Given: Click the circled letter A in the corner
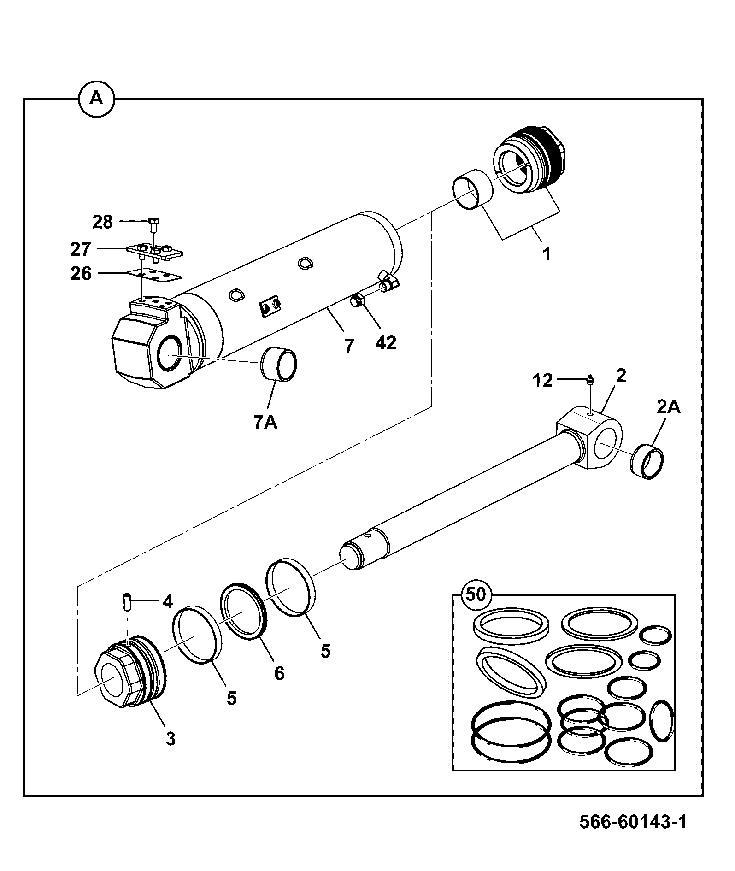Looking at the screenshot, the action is (96, 98).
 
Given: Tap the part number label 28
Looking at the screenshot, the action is (102, 222).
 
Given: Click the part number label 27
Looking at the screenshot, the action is (81, 249).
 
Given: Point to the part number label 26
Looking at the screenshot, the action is (81, 274).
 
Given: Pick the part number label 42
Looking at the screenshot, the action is (386, 342).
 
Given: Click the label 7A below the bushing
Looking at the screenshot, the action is (265, 422).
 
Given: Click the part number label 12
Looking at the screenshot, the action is (542, 381).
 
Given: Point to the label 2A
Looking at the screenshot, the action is (668, 407).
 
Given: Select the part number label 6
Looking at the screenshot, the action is (279, 674).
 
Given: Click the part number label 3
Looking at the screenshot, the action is (171, 739).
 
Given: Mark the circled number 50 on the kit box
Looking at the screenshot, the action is (476, 594).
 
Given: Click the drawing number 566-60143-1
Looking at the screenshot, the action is (633, 822).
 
